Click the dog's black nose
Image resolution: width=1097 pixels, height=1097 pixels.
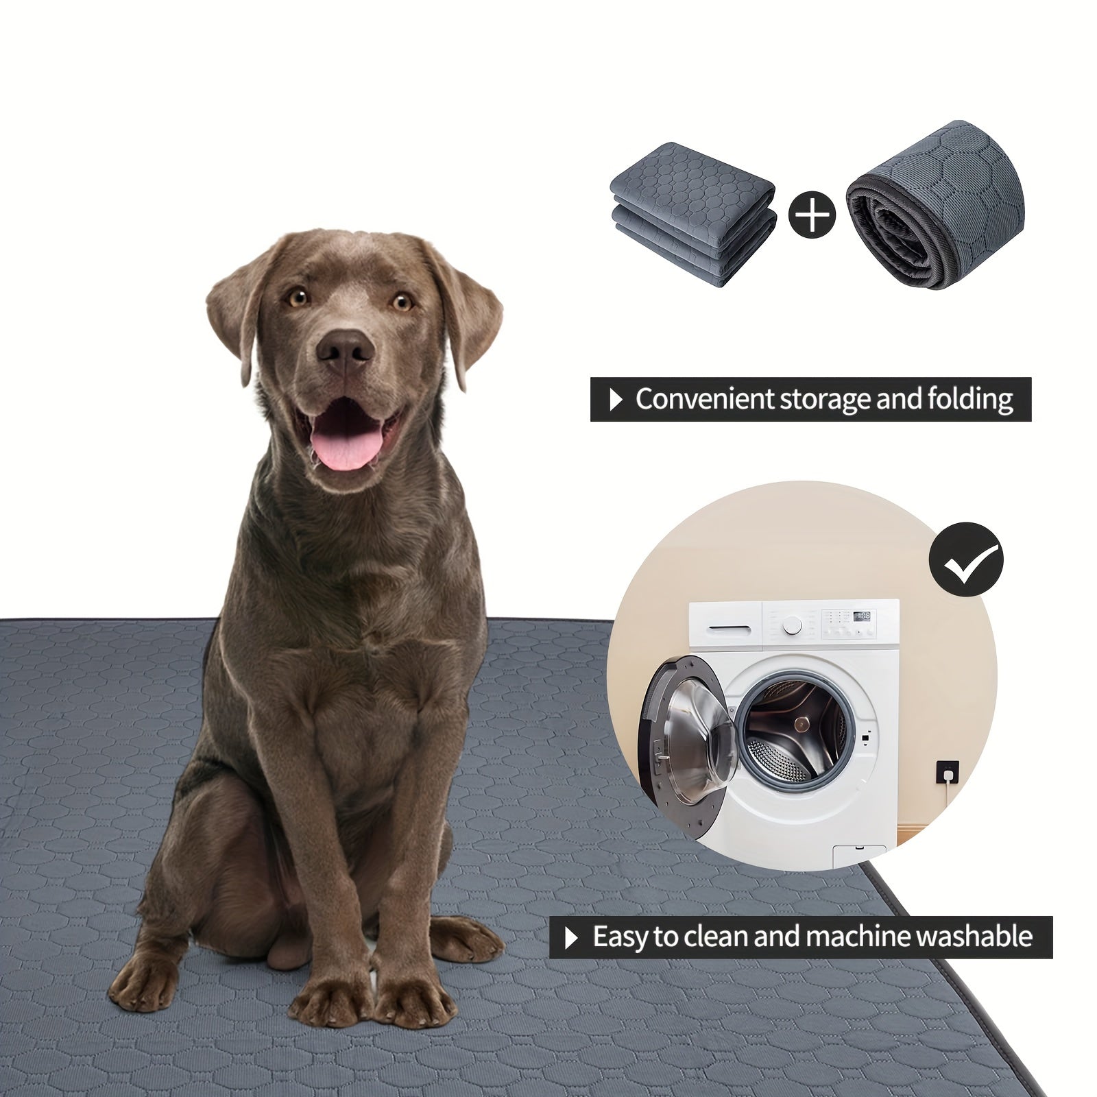[x=345, y=348]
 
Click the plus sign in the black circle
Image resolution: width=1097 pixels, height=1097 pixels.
[x=812, y=215]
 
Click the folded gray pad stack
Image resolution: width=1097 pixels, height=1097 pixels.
[x=692, y=213]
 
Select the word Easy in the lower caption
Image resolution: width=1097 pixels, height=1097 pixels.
[x=620, y=937]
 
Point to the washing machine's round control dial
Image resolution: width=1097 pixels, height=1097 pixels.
[x=793, y=625]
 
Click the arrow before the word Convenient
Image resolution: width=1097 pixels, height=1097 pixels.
[x=616, y=399]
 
